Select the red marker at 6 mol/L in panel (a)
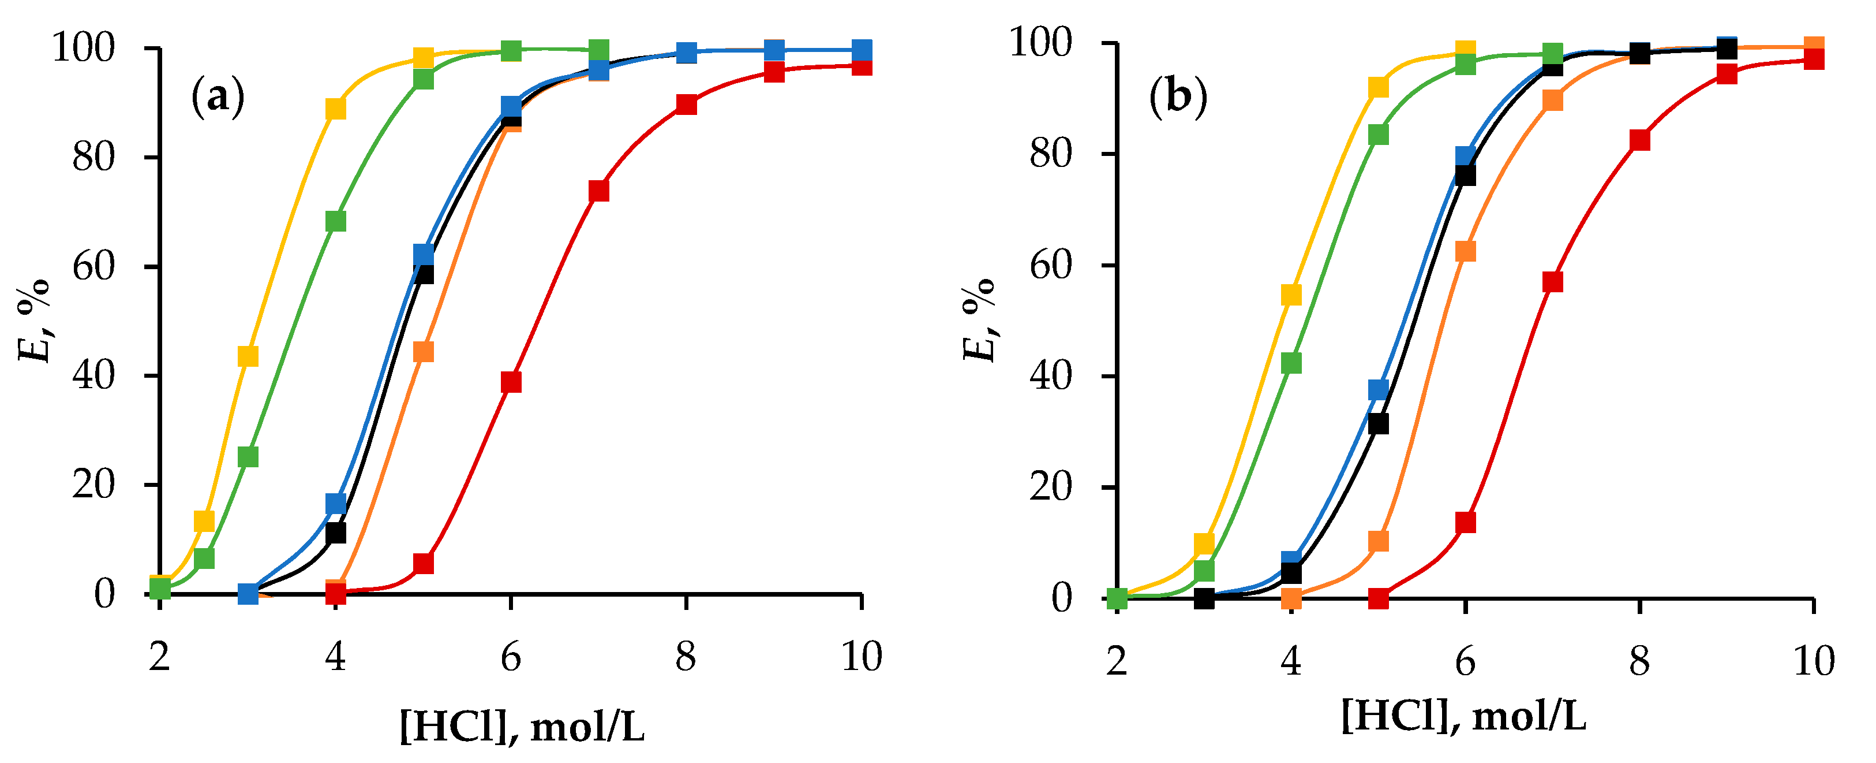pos(511,382)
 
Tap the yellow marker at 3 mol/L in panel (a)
pos(248,356)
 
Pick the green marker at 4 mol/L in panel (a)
pos(336,221)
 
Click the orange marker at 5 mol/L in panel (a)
pos(423,352)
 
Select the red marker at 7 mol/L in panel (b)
pos(1553,282)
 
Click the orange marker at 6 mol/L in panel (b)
pos(1465,251)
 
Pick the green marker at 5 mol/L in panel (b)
pos(1379,135)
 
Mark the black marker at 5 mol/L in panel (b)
pos(1379,424)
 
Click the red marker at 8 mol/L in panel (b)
pos(1639,140)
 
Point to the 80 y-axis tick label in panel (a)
pos(94,158)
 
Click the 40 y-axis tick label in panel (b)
pos(1051,377)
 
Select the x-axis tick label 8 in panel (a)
pos(686,657)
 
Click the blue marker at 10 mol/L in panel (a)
pos(862,50)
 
